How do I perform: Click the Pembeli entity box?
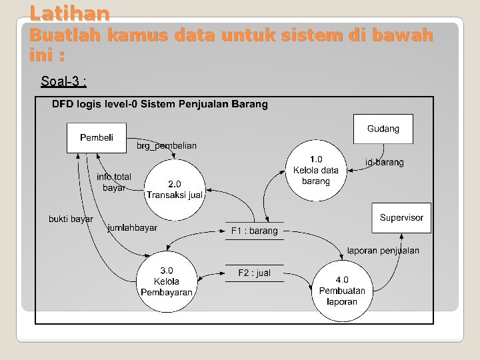click(97, 138)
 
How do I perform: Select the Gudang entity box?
click(383, 129)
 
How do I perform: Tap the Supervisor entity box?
click(401, 218)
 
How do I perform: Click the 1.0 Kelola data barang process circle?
click(315, 170)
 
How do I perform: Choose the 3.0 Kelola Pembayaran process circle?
click(167, 281)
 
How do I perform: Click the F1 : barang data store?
click(254, 231)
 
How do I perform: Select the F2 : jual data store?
click(254, 273)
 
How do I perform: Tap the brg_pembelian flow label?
click(167, 146)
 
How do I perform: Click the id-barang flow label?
click(385, 162)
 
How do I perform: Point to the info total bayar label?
click(114, 182)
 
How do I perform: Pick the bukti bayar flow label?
click(71, 219)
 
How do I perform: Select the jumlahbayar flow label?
click(132, 228)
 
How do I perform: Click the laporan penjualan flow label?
click(383, 251)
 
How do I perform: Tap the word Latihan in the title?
click(70, 12)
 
